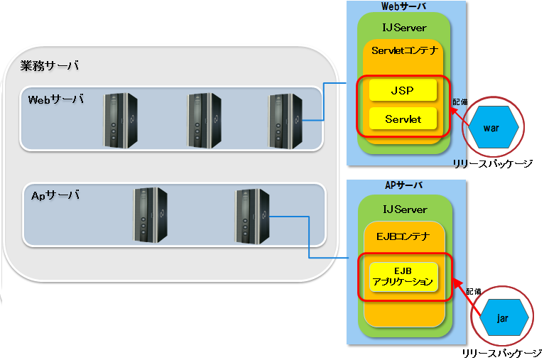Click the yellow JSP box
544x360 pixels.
click(403, 90)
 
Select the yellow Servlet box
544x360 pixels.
click(403, 119)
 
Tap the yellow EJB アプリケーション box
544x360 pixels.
click(403, 277)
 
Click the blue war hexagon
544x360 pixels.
click(493, 127)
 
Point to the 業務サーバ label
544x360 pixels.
click(50, 65)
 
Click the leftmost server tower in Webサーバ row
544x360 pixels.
click(121, 120)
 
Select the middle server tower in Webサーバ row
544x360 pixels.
click(204, 120)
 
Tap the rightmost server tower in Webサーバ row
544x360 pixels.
click(285, 121)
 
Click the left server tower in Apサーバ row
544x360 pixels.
click(151, 214)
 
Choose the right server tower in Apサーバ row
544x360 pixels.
click(252, 216)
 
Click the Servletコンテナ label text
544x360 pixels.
click(405, 50)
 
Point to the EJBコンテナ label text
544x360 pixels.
click(403, 236)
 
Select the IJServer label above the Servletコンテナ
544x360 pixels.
click(405, 28)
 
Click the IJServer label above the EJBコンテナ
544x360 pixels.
click(405, 209)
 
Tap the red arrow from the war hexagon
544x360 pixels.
click(459, 117)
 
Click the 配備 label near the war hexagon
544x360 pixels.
click(460, 102)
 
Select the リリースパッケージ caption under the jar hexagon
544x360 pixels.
click(501, 354)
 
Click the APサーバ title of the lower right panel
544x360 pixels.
click(404, 185)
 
